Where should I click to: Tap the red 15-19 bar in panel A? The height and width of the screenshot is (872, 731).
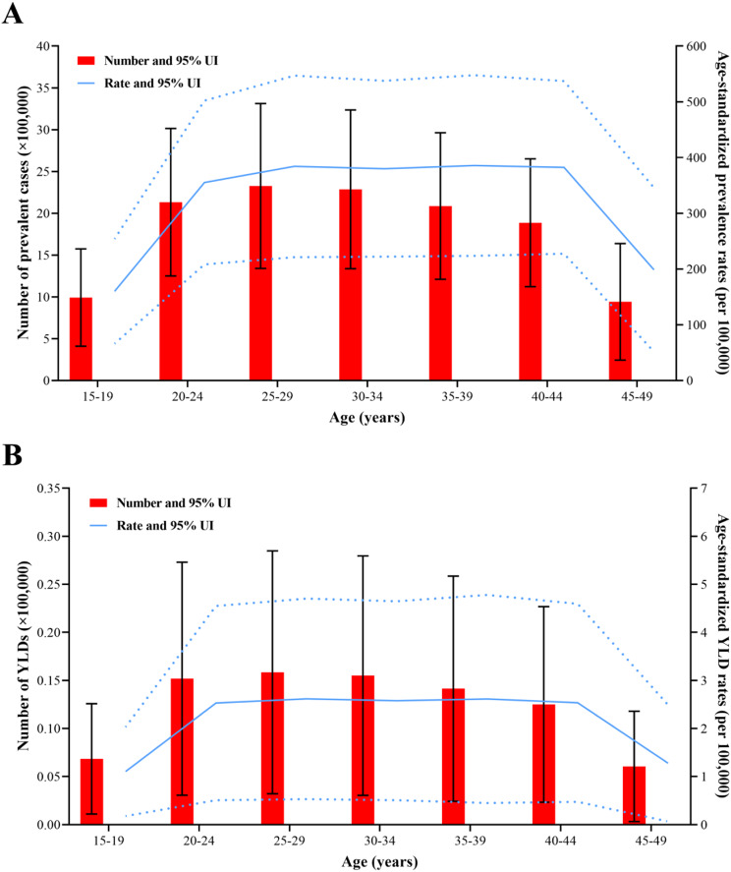[x=82, y=339]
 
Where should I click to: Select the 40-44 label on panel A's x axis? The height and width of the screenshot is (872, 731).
[x=546, y=397]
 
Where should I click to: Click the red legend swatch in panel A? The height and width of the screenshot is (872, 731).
[x=86, y=61]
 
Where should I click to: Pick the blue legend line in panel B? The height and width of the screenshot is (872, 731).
[x=98, y=526]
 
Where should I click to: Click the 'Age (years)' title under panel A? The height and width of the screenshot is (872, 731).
[x=366, y=417]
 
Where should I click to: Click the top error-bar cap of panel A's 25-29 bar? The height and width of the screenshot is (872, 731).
[x=260, y=103]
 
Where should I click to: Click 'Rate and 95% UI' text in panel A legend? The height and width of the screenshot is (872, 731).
[x=152, y=84]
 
